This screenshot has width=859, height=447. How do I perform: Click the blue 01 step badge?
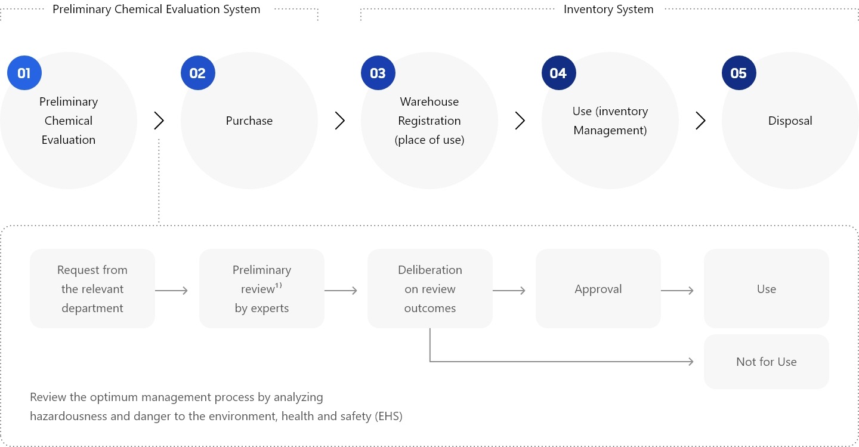[24, 73]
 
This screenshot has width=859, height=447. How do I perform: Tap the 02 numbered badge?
[197, 73]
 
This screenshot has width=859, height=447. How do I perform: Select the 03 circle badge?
[378, 73]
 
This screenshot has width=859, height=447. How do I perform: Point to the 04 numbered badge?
[558, 73]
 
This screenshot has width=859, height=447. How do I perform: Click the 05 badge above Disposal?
[739, 73]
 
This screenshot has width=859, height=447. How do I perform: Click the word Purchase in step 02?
[249, 121]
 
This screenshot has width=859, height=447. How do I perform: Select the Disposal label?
[790, 121]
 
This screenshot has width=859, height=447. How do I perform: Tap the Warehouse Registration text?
[429, 111]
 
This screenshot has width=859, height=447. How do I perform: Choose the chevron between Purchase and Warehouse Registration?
[340, 121]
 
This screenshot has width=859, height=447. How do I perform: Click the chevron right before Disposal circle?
[700, 121]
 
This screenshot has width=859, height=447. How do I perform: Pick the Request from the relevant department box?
[92, 289]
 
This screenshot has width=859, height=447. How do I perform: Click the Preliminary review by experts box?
[262, 289]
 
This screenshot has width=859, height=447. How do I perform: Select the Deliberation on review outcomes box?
[429, 289]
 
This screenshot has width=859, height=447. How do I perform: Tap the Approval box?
[598, 289]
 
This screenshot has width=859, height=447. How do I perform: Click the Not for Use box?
[766, 362]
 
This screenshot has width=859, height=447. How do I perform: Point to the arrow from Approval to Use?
[678, 291]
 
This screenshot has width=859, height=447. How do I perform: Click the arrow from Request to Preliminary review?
[172, 291]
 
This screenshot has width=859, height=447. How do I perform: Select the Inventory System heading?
[608, 10]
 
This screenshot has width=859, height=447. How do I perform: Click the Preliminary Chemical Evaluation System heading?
[156, 10]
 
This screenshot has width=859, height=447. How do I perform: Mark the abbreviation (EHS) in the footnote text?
[388, 416]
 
